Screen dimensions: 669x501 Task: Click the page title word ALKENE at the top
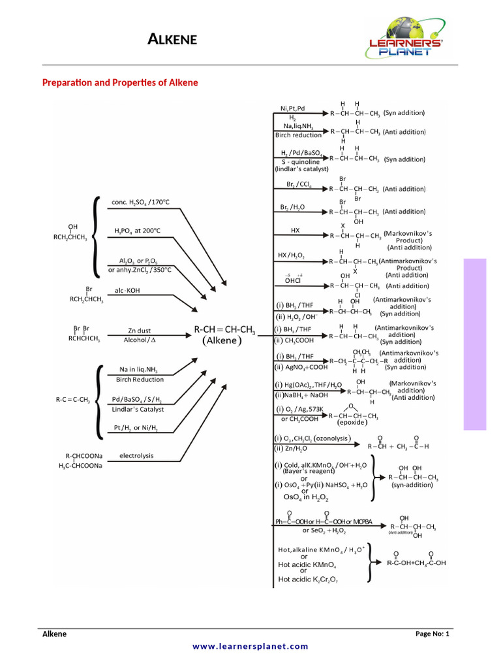(172, 41)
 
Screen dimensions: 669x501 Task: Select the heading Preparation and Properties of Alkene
(120, 83)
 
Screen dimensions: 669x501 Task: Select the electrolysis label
(136, 455)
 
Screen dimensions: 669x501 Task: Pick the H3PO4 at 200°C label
(137, 231)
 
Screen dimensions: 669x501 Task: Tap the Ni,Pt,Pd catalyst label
(292, 108)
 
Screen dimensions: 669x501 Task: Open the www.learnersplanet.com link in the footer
(250, 646)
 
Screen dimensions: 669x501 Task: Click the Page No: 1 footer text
(432, 634)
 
